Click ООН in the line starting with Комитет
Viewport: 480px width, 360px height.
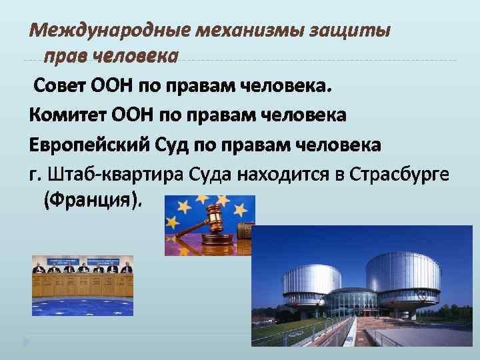point(131,116)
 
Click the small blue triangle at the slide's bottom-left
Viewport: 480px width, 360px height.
point(26,343)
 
